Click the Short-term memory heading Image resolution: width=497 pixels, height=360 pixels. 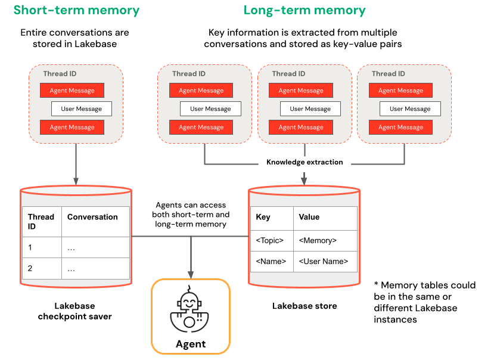(76, 10)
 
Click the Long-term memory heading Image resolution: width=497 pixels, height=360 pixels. (305, 10)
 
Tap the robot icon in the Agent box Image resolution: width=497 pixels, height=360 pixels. (190, 311)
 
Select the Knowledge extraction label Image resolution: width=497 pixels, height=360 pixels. (305, 162)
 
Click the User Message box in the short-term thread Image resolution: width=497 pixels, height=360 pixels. (81, 109)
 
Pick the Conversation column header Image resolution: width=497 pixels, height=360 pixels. (92, 217)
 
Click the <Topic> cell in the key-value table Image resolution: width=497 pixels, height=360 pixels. (269, 240)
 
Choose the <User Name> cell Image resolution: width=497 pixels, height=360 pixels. (324, 261)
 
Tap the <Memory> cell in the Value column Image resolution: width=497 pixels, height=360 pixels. (318, 240)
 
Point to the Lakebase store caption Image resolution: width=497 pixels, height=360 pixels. (305, 306)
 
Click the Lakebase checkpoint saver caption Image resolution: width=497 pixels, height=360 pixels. (74, 311)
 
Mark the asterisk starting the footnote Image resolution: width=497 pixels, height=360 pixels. (376, 285)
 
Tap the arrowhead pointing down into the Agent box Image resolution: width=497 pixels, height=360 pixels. (190, 274)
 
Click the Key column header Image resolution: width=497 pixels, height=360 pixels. (263, 217)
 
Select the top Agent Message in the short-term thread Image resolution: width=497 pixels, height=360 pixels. (72, 91)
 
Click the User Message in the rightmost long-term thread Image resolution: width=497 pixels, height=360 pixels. (410, 109)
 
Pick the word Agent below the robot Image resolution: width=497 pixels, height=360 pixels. (191, 344)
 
